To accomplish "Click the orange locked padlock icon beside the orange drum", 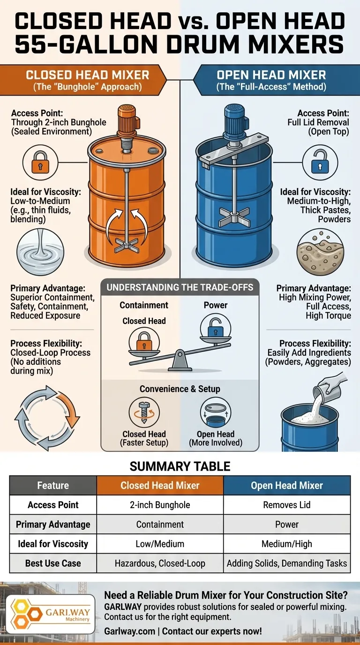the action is tap(40, 162).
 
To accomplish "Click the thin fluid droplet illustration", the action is tap(40, 251).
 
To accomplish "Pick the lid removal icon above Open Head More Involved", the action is tap(216, 412).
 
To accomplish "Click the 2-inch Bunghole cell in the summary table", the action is tap(160, 505).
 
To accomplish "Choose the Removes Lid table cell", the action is tap(287, 505).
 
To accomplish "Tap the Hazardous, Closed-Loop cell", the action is tap(160, 563).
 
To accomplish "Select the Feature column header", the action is tap(53, 486).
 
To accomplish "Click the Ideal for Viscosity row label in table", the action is tap(53, 544).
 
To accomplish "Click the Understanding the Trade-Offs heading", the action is tap(180, 287).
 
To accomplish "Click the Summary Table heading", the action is tap(180, 466).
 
